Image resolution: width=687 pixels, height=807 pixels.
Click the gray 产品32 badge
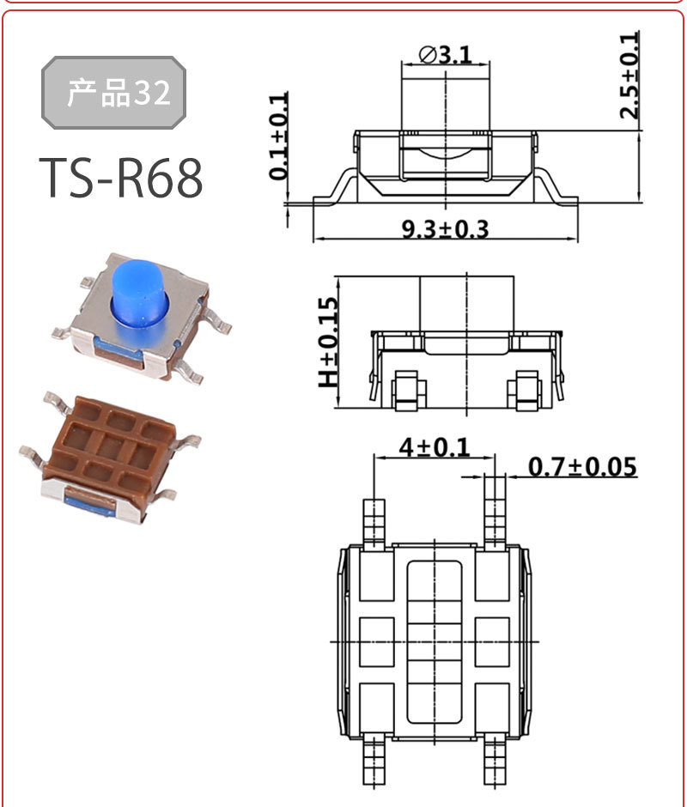coord(113,93)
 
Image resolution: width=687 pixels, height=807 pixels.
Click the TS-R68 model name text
coord(121,178)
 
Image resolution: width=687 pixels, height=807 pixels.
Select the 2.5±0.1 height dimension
coord(629,76)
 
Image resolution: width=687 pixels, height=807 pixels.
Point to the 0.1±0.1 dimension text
coord(278,137)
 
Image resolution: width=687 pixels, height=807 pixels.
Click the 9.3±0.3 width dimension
coord(445,229)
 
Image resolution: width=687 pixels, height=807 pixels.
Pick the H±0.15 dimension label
coord(329,343)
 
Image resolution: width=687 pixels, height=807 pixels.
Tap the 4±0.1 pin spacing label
coord(435,446)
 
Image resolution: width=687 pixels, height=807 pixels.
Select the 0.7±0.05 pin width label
coord(582,466)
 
